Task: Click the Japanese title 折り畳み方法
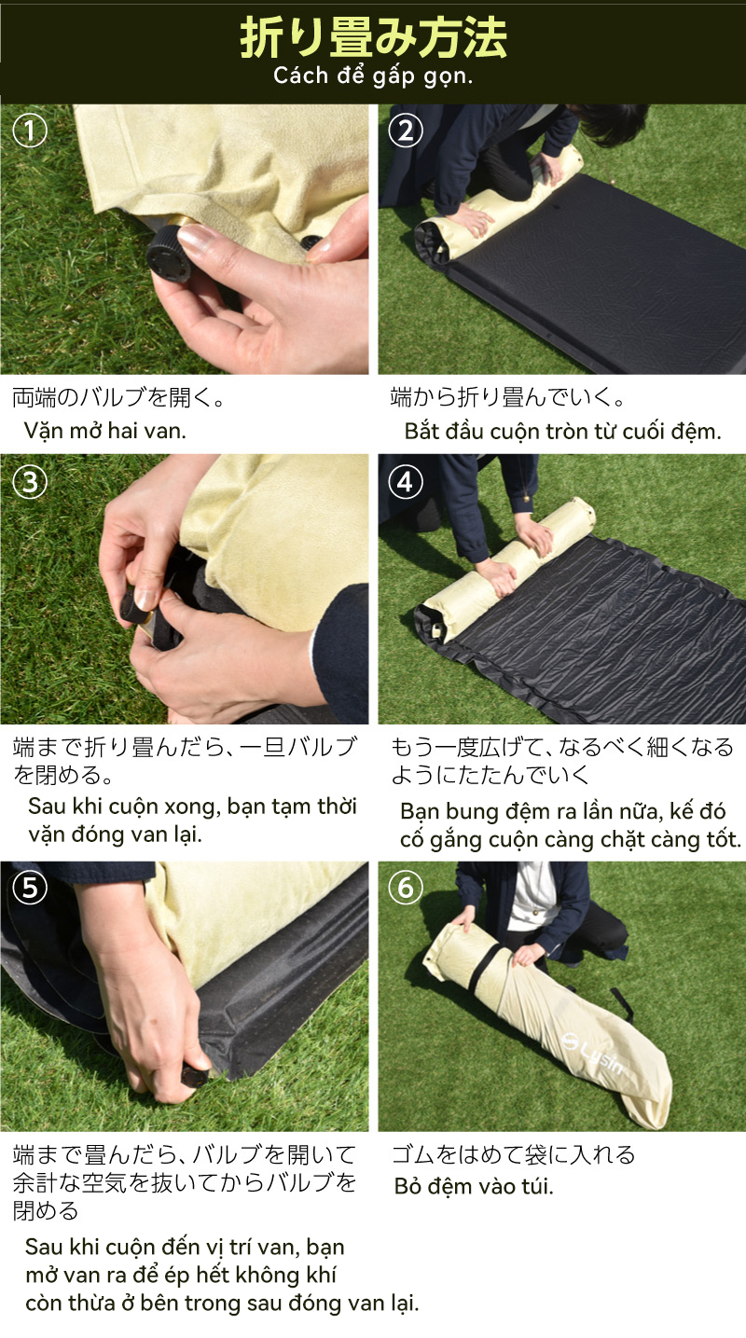point(373,37)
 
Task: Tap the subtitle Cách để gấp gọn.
point(373,76)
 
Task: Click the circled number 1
point(30,131)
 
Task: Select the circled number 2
point(406,131)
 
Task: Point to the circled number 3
point(30,481)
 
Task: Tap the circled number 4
point(406,481)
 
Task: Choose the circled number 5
point(30,888)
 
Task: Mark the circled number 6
point(406,888)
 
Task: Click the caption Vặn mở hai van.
point(105,430)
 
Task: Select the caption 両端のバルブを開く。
point(118,396)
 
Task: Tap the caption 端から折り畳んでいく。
point(507,396)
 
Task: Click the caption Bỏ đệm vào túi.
point(474,1186)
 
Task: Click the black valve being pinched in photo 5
point(195,1076)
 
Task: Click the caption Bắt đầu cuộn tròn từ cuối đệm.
point(562,431)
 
